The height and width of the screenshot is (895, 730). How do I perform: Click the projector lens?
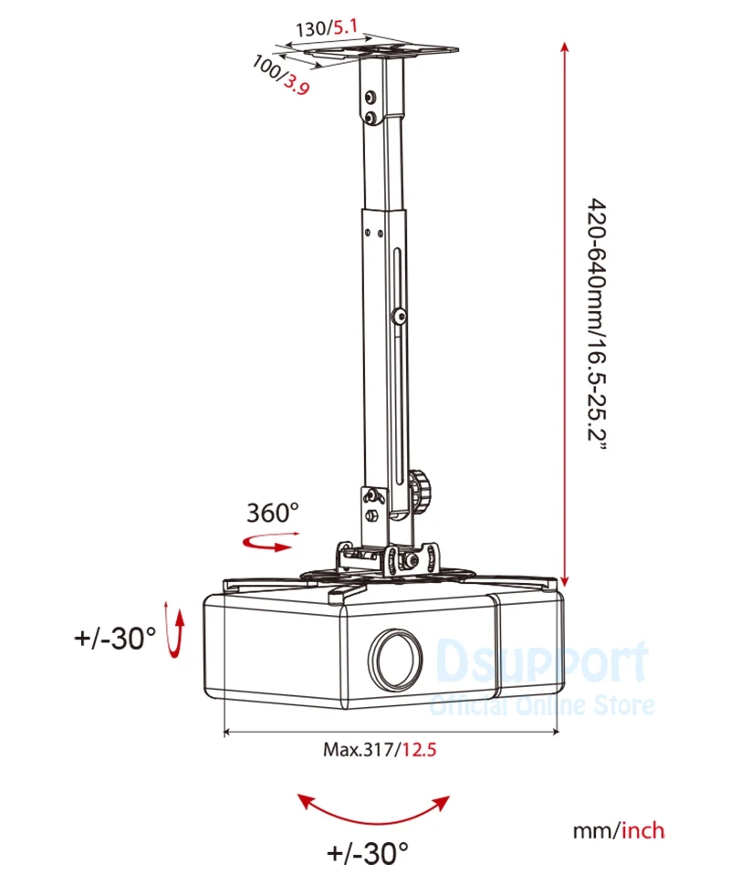point(396,658)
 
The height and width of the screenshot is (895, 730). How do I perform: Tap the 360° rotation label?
point(272,512)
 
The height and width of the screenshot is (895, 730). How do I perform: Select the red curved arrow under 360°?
point(266,544)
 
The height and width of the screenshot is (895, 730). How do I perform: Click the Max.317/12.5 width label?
point(381,750)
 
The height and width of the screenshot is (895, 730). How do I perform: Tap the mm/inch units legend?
point(618,830)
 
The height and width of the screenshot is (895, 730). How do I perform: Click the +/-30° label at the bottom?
point(367,854)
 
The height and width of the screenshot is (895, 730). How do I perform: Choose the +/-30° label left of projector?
point(115,638)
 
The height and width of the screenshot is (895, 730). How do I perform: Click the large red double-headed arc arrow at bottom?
point(375,807)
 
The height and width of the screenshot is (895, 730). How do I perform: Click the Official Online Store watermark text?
point(542,705)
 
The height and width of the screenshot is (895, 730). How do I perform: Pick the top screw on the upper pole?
point(370,97)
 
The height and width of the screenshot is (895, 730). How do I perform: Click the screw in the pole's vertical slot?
point(400,317)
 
